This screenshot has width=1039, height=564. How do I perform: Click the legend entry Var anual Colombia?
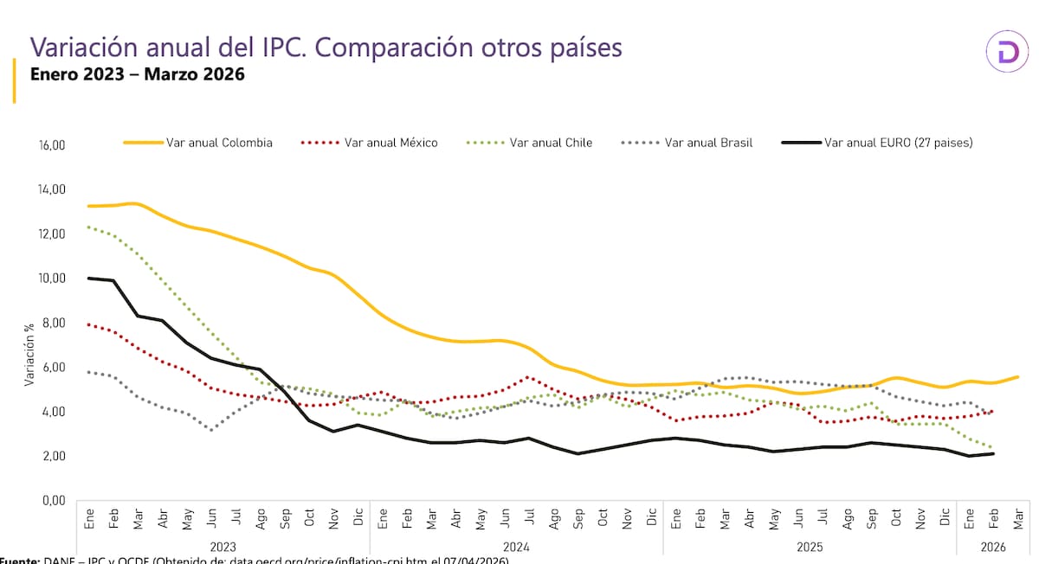pyautogui.click(x=219, y=143)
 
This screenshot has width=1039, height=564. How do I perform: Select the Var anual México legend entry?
pyautogui.click(x=390, y=143)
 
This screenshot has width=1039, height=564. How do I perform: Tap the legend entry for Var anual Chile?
pyautogui.click(x=551, y=143)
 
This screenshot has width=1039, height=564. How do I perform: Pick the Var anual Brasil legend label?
pyautogui.click(x=708, y=143)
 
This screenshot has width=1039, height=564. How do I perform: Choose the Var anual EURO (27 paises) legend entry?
pyautogui.click(x=898, y=143)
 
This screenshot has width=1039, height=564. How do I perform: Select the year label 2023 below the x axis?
pyautogui.click(x=223, y=547)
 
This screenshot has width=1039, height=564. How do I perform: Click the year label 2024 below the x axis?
pyautogui.click(x=517, y=547)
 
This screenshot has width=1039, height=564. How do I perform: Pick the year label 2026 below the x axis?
pyautogui.click(x=993, y=547)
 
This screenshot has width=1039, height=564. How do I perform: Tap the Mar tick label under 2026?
pyautogui.click(x=1018, y=521)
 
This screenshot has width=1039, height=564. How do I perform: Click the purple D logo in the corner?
pyautogui.click(x=1007, y=54)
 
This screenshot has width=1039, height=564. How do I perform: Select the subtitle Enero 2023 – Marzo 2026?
pyautogui.click(x=137, y=74)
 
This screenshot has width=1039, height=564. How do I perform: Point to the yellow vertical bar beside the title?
pyautogui.click(x=15, y=80)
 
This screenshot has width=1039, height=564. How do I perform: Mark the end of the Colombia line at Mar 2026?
pyautogui.click(x=1018, y=376)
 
